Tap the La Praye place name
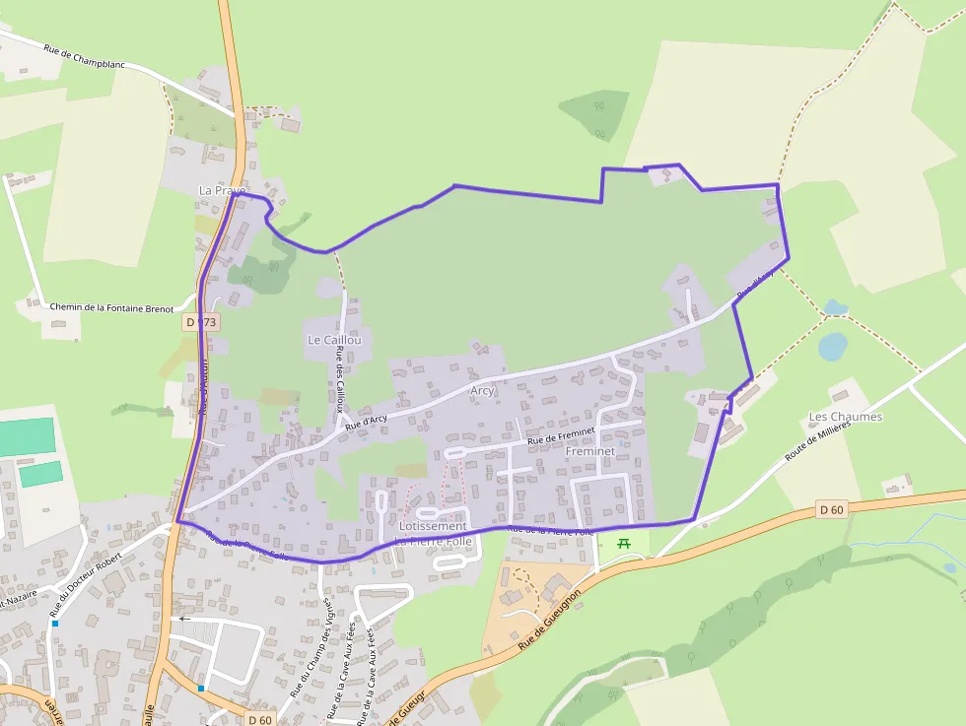(x=222, y=190)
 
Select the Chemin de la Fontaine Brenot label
(x=111, y=308)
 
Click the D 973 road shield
(x=200, y=322)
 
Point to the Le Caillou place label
(x=334, y=340)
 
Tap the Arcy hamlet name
(x=482, y=391)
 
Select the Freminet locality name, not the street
(x=590, y=451)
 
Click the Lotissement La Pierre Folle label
(x=434, y=534)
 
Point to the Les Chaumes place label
(x=845, y=417)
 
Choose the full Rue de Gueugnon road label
(x=551, y=619)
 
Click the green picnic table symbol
(x=623, y=543)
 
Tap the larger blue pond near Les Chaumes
(x=833, y=346)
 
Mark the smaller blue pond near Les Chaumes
(x=836, y=307)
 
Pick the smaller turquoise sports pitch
(x=40, y=474)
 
